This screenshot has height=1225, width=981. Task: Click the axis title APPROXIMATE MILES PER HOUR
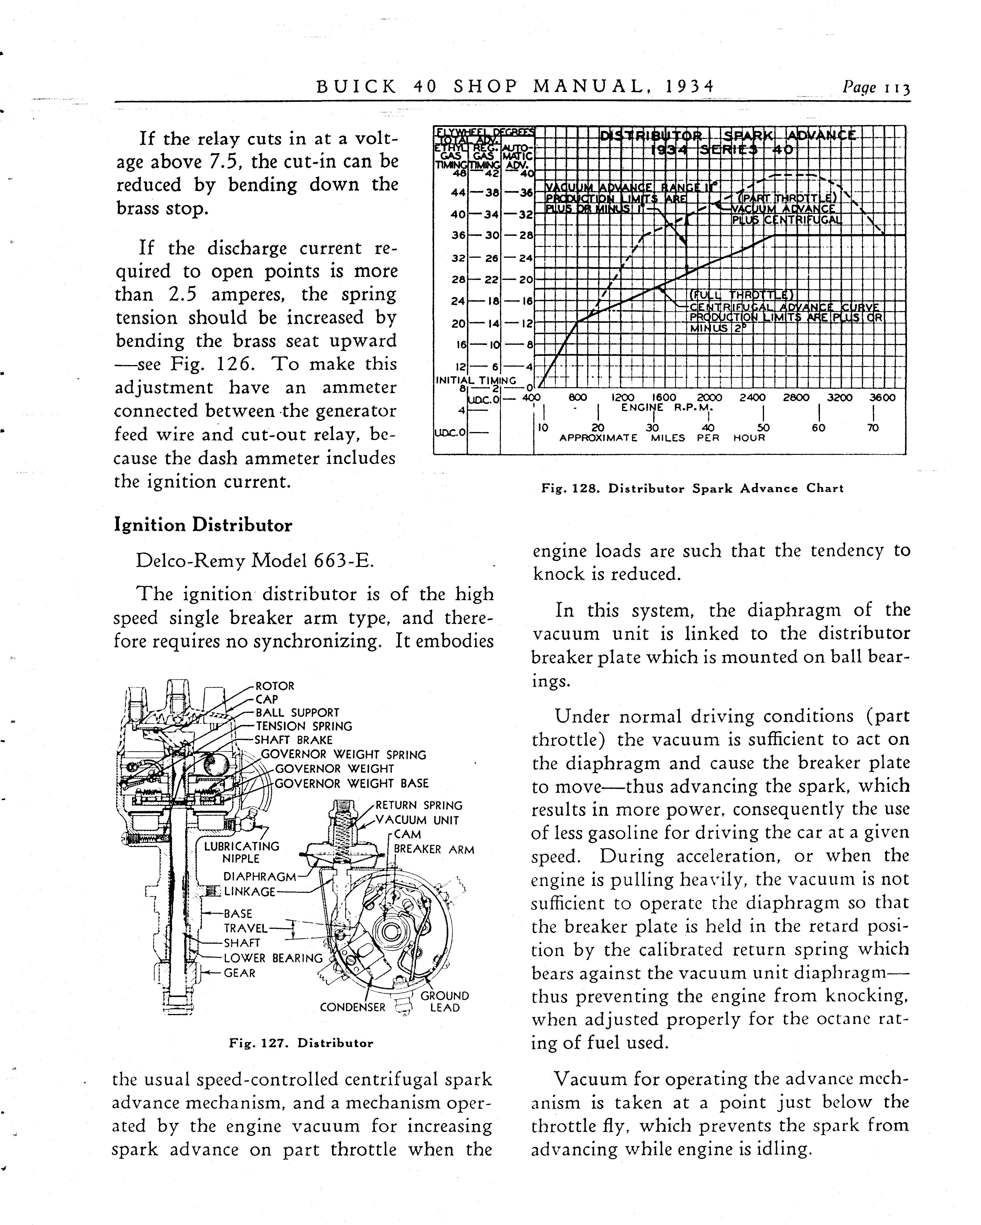tap(662, 438)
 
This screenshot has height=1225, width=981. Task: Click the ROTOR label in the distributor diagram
tap(275, 686)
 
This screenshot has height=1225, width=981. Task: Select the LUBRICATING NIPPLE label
tap(241, 852)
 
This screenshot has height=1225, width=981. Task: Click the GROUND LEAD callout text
tap(445, 1002)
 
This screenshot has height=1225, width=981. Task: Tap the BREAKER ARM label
tap(434, 849)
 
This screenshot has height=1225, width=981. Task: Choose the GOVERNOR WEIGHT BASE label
tap(352, 784)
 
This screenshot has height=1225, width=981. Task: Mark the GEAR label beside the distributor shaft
tap(239, 973)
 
